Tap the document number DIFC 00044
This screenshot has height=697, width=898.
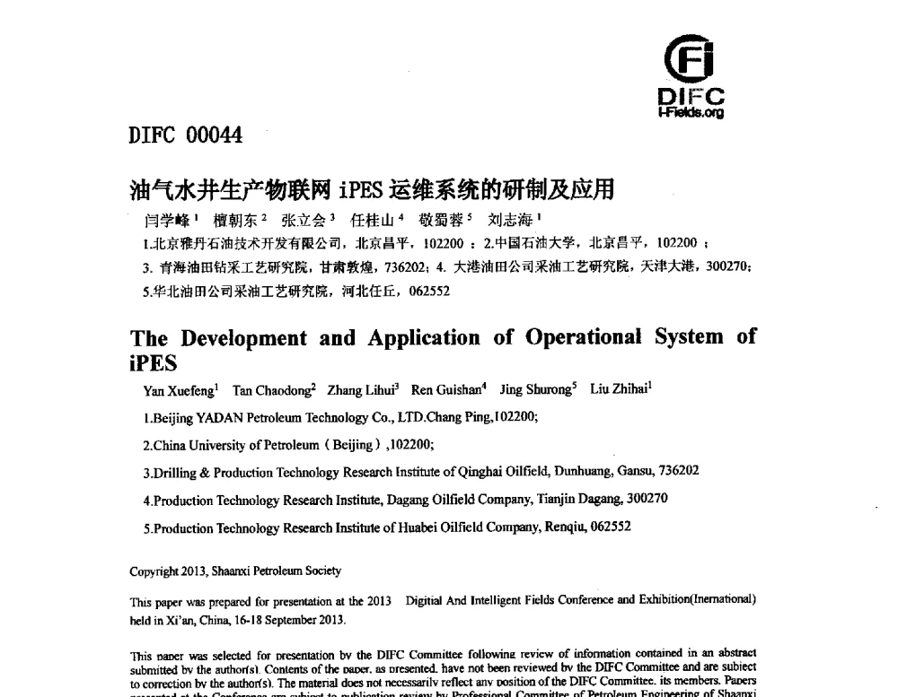(x=186, y=135)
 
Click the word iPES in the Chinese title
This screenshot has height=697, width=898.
(x=362, y=190)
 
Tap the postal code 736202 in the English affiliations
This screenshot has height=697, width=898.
(x=680, y=471)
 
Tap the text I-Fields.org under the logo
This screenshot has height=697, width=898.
(x=691, y=113)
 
